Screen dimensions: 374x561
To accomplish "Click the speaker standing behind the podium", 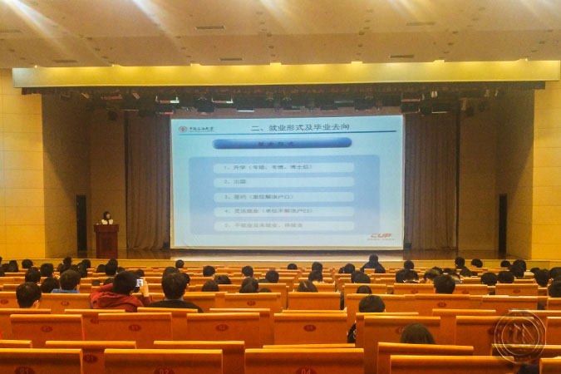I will coord(106,218).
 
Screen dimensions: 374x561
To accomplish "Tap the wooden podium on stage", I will coord(106,241).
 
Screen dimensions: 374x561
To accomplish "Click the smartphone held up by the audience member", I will coord(139,283).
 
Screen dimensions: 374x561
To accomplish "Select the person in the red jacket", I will coord(116,295).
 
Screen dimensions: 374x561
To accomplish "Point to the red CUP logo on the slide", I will coord(381,235).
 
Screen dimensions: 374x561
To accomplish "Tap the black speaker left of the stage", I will coord(81,224).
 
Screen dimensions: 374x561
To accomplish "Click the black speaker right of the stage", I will coord(502,224).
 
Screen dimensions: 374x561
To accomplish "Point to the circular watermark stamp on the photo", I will coord(519,337).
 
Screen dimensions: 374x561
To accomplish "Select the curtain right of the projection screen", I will coord(430,183).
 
